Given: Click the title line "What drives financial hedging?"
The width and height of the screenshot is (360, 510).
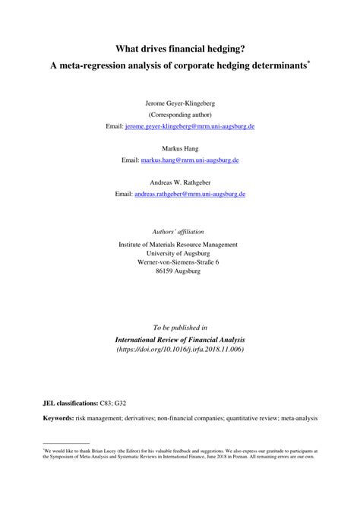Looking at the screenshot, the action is point(180,49).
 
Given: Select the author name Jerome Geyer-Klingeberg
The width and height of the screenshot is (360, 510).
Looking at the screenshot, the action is point(179,101).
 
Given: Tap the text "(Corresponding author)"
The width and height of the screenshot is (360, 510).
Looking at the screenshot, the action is point(179,113).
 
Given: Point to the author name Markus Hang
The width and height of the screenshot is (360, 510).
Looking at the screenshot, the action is point(179,149).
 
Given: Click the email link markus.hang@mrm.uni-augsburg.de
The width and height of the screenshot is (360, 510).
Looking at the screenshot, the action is point(194,161).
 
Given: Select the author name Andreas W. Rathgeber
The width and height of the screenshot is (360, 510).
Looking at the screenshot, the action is point(179,182).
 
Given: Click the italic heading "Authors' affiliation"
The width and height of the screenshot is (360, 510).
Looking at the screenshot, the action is point(179,231).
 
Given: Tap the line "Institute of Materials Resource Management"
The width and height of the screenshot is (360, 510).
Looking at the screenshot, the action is point(179,245).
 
